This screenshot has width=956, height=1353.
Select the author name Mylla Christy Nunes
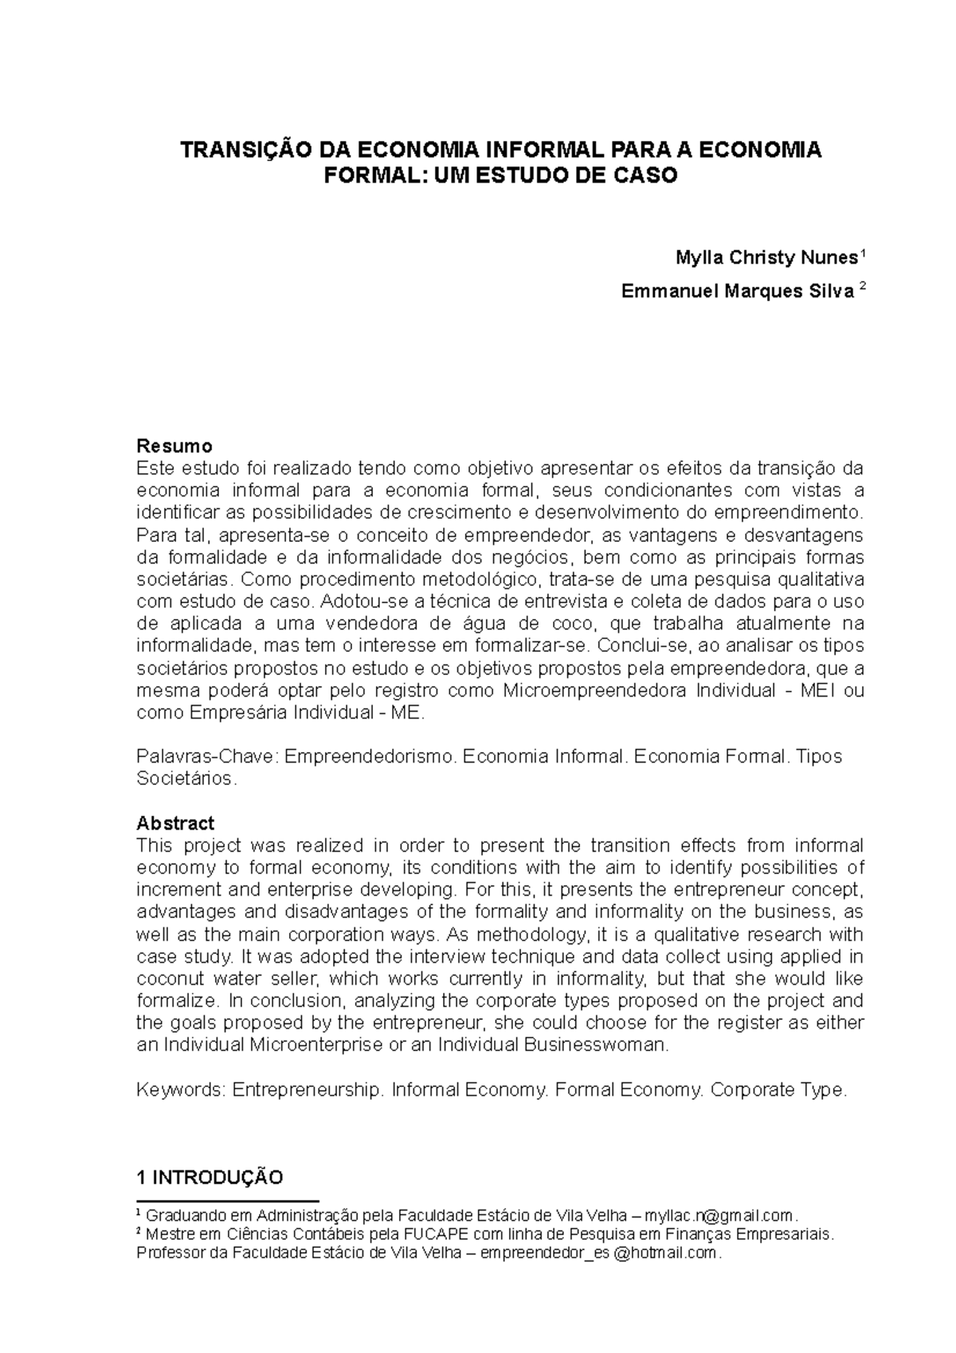pyautogui.click(x=766, y=258)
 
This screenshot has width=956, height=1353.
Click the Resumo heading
pyautogui.click(x=174, y=445)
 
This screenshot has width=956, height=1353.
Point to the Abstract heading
pyautogui.click(x=175, y=822)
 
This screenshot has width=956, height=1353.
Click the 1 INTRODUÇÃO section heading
pyautogui.click(x=210, y=1178)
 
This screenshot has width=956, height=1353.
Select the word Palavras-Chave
pyautogui.click(x=205, y=756)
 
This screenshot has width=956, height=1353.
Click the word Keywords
pyautogui.click(x=181, y=1089)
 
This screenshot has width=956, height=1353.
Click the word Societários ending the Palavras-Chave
pyautogui.click(x=186, y=778)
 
